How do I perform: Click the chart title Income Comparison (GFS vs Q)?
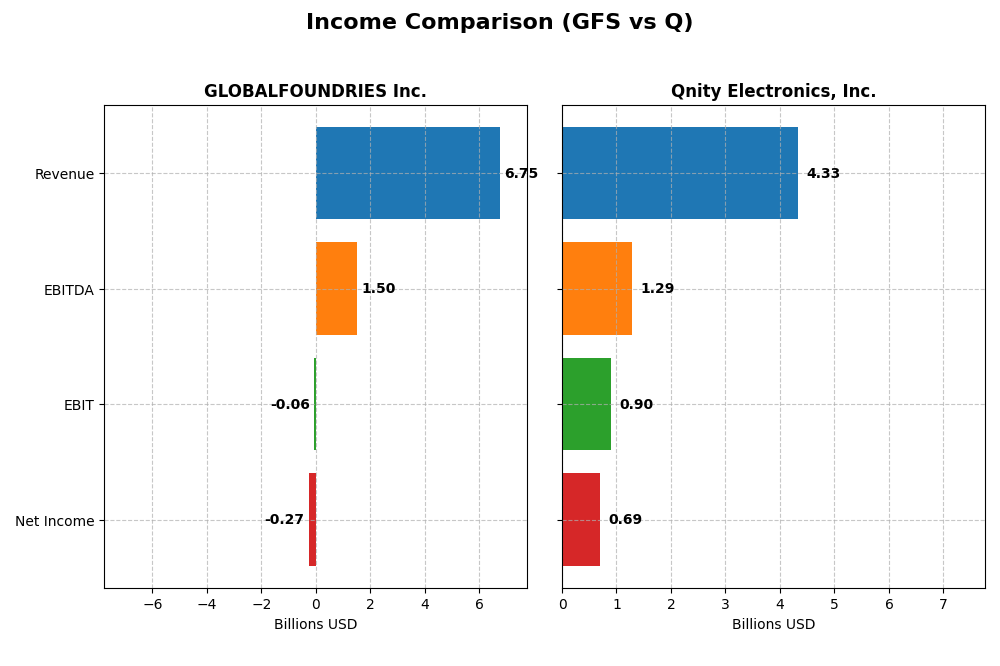499,23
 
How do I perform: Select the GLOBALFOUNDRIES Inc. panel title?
315,92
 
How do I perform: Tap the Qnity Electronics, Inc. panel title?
773,92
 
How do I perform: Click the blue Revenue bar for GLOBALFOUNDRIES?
407,173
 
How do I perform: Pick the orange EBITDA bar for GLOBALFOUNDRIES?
336,288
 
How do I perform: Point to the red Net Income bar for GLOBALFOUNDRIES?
312,519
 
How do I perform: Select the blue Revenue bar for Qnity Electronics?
680,173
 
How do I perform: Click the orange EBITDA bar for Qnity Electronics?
597,288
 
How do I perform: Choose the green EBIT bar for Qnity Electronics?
586,404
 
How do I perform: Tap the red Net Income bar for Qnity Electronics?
581,519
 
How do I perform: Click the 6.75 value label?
521,174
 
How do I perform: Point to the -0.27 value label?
284,520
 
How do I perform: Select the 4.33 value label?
823,174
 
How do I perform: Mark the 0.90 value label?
636,405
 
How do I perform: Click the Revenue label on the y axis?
64,174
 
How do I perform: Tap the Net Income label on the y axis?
55,521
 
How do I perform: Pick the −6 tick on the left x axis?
152,604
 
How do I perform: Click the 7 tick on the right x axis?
943,604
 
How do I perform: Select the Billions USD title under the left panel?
315,625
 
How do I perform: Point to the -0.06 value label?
290,405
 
